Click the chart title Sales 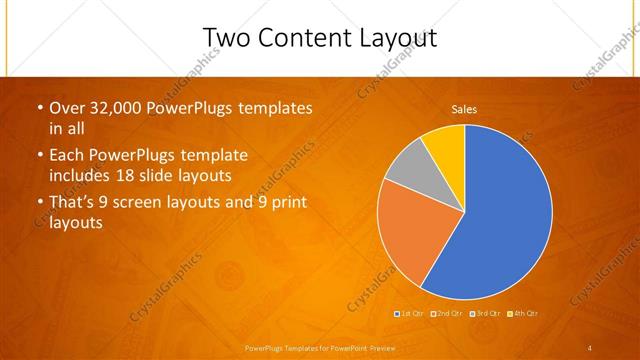tap(464, 108)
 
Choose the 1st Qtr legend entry tap(410, 314)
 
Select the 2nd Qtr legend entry tap(448, 314)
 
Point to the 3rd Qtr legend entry tap(486, 314)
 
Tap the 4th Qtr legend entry tap(524, 314)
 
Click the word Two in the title tap(225, 37)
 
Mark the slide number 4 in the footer tap(590, 348)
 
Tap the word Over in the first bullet tap(65, 108)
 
